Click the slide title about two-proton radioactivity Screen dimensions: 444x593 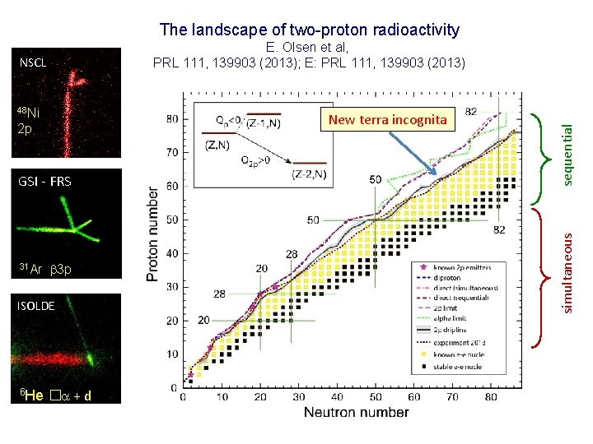[x=309, y=30]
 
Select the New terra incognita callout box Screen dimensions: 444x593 [x=386, y=120]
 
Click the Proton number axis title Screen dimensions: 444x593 [x=153, y=234]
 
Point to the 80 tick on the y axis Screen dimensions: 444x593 [x=171, y=118]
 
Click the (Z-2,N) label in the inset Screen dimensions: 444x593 [x=311, y=174]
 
